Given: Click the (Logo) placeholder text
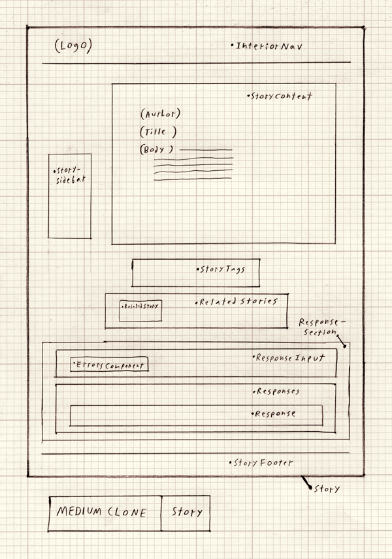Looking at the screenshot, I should (73, 46).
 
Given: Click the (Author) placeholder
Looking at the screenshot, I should (160, 113).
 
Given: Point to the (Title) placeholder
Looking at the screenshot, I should (158, 132).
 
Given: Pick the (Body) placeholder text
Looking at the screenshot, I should (157, 149).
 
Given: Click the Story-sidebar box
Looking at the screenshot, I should (69, 196).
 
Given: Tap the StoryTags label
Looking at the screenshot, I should (223, 269).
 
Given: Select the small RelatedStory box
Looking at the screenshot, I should (140, 305).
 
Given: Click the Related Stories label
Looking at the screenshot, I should (238, 302).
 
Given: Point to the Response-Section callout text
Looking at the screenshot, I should (319, 327).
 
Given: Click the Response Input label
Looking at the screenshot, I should (289, 358).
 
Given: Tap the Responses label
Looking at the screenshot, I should (278, 392).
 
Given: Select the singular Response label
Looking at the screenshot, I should (275, 414).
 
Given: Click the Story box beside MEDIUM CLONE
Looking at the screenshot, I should (186, 512).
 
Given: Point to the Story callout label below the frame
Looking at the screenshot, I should (326, 489).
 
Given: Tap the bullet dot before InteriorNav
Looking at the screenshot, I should (233, 45).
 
